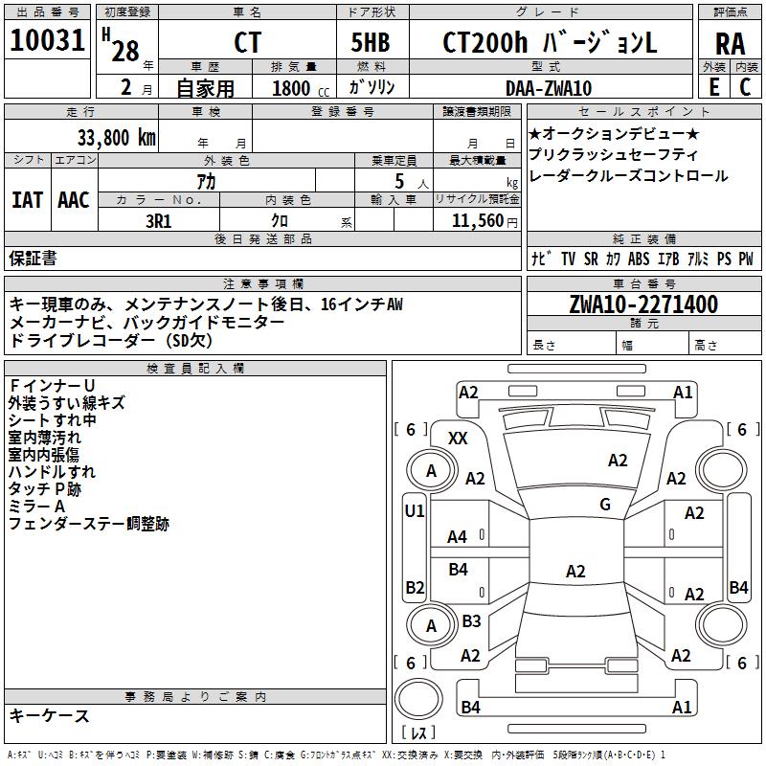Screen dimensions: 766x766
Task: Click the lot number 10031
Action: coord(48,41)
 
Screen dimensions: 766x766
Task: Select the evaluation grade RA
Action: coord(730,43)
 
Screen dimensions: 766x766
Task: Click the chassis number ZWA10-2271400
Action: coord(642,304)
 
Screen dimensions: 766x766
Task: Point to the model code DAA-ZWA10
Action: coord(548,88)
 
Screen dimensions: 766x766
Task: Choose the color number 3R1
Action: coord(159,219)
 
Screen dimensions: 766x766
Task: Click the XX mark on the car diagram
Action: coord(459,438)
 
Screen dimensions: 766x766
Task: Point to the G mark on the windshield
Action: coord(605,505)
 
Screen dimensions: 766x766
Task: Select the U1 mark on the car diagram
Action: coord(414,511)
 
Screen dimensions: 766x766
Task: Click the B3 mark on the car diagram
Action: coord(471,621)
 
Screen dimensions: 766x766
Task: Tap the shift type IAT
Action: coord(27,199)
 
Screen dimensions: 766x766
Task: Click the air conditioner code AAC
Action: coord(74,199)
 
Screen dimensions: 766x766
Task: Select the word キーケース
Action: coord(49,715)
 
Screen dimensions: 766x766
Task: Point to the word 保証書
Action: coord(33,258)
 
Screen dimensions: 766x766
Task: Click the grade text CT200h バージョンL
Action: coord(550,43)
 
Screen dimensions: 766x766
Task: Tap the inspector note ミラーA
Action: coord(36,507)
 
